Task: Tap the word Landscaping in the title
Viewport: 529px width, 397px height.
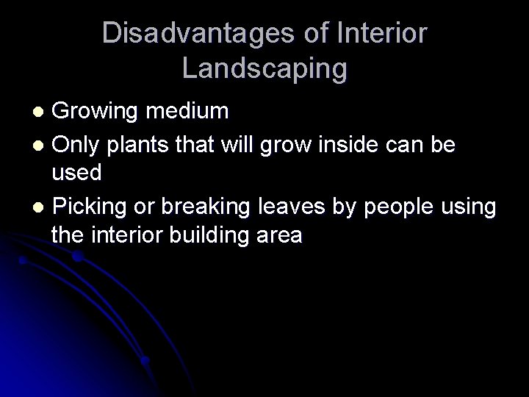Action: (x=264, y=68)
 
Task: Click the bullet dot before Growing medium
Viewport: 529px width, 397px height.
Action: (x=42, y=112)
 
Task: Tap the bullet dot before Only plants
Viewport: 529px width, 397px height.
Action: (x=42, y=146)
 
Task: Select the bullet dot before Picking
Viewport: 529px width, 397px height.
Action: (x=42, y=208)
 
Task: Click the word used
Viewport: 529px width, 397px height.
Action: (x=76, y=175)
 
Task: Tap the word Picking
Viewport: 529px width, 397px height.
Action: (x=93, y=207)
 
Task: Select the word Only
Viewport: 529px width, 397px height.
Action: (x=76, y=145)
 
